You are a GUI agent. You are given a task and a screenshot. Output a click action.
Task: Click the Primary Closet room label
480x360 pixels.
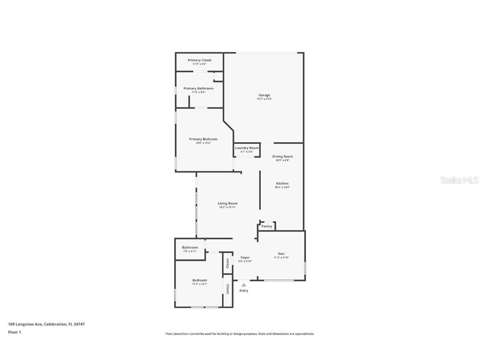199,60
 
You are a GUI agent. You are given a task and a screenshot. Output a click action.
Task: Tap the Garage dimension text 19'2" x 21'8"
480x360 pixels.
264,99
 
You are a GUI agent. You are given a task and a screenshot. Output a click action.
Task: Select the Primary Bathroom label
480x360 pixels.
198,88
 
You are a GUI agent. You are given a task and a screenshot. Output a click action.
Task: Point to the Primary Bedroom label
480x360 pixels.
203,139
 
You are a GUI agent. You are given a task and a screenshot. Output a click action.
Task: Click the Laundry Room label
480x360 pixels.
247,148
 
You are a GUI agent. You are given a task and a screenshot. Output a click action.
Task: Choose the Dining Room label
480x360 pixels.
282,157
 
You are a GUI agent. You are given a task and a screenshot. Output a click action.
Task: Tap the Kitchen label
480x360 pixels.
282,184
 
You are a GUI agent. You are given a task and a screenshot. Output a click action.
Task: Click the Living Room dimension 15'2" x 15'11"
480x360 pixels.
227,207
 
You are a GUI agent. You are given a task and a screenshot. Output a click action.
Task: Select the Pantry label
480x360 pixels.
267,226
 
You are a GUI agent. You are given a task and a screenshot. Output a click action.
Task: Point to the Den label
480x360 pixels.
281,254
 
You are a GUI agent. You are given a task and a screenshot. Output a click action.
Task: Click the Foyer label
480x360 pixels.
245,257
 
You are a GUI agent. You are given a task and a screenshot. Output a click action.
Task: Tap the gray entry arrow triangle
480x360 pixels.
244,285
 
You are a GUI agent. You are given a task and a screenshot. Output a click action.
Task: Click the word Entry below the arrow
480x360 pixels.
244,290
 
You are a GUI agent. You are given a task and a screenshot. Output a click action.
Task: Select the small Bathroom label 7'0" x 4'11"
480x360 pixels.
190,247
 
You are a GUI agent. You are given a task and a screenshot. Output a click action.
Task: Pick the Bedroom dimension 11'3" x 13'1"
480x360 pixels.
200,284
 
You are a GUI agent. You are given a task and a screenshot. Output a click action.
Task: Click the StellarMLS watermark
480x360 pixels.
460,180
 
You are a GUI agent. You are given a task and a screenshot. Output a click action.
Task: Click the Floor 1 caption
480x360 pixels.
14,332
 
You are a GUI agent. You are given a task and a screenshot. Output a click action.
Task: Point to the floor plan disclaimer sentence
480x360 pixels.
240,334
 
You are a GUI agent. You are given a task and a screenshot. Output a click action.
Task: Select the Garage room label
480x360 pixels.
264,95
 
